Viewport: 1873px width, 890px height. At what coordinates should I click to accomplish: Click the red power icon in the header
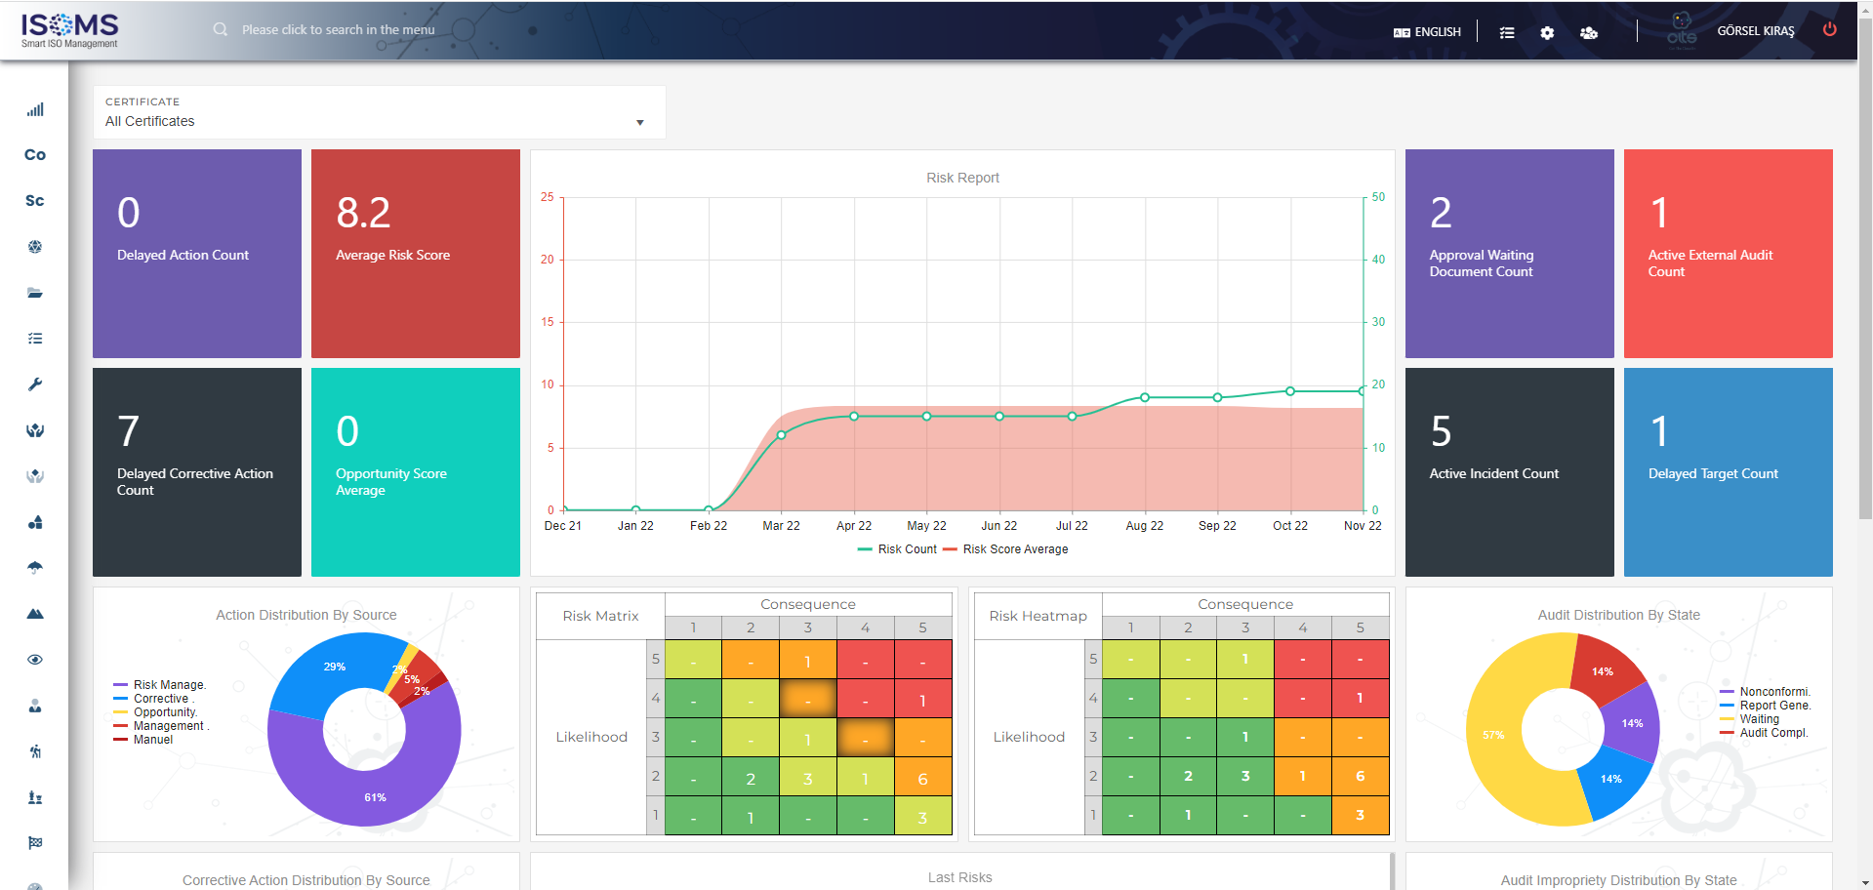1829,29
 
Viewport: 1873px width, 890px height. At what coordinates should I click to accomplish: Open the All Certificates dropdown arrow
640,122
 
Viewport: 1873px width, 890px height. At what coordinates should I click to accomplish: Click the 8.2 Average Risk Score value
363,213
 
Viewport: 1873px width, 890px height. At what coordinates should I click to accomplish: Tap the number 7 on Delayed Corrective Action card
128,431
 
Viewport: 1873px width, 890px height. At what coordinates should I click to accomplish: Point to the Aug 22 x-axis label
1144,526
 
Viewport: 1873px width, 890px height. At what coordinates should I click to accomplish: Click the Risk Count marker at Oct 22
1290,391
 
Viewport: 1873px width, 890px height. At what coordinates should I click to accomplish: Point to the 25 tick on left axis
548,197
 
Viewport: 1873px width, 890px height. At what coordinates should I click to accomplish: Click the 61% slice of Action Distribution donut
375,796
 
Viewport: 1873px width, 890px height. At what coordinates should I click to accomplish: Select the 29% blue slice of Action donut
335,667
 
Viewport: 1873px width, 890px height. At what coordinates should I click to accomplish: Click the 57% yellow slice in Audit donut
1493,735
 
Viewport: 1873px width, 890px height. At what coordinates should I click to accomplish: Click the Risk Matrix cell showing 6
922,778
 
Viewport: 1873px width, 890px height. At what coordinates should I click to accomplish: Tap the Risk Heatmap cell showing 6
1360,776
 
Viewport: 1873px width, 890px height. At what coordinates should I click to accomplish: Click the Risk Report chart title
962,178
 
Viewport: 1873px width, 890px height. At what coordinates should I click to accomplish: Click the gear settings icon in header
1547,33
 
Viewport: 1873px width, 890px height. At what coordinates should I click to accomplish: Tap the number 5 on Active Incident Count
1441,431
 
